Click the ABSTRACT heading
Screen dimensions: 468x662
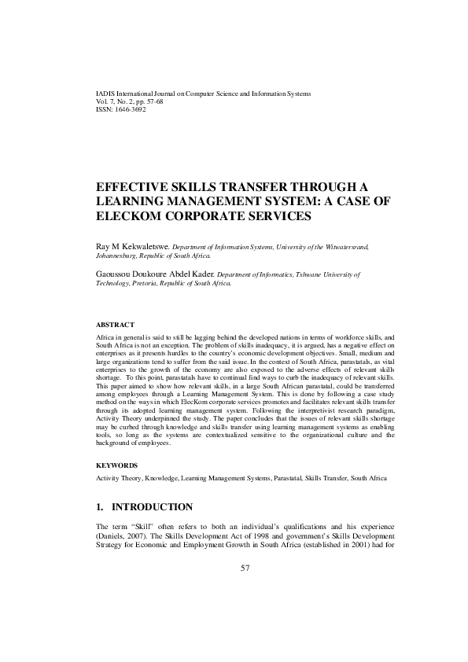pos(115,324)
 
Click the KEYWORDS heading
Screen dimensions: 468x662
pos(116,465)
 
